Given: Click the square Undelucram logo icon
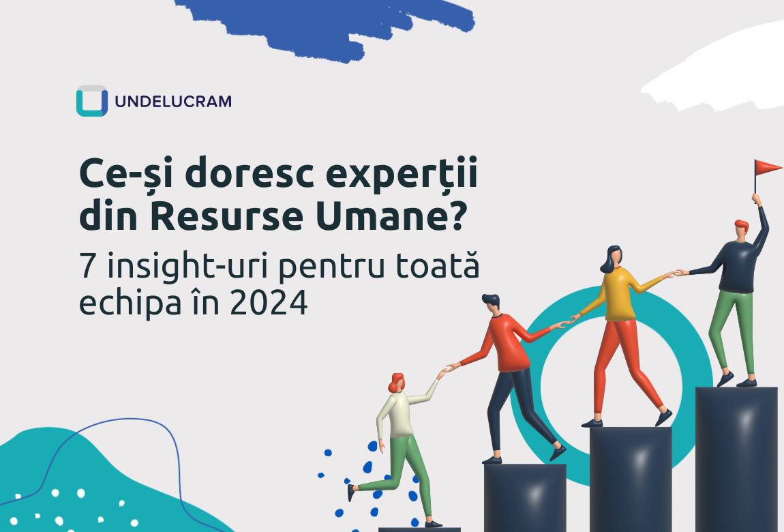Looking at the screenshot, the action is (x=92, y=101).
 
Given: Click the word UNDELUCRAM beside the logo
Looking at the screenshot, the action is (x=173, y=102).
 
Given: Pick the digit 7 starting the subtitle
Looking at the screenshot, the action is (x=87, y=266).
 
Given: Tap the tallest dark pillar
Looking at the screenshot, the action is (x=736, y=459).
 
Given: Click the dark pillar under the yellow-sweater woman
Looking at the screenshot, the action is (x=631, y=479).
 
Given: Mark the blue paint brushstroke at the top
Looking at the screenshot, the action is (x=325, y=27).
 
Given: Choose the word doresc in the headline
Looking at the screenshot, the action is (x=250, y=173).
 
